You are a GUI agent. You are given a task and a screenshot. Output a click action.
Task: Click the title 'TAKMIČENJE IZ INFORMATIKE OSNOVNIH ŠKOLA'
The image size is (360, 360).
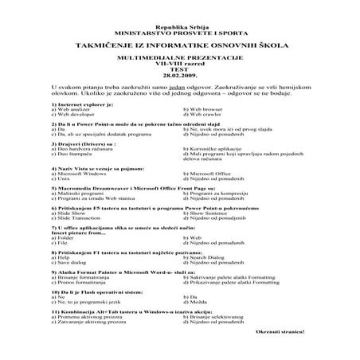pyautogui.click(x=180, y=46)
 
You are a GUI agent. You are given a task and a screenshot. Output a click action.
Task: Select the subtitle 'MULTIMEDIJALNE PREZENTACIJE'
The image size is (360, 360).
pyautogui.click(x=180, y=59)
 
